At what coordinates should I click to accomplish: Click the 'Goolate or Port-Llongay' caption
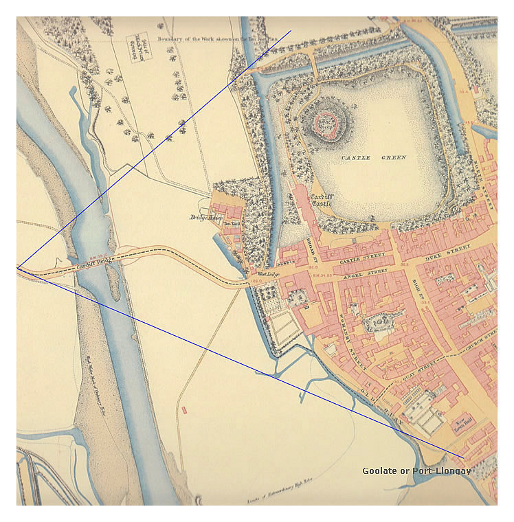tap(416, 471)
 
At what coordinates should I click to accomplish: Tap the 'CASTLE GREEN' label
tap(373, 158)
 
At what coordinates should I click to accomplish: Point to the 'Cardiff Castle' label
tap(321, 199)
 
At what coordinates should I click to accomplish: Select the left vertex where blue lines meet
tap(18, 268)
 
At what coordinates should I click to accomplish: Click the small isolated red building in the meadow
tap(184, 410)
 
